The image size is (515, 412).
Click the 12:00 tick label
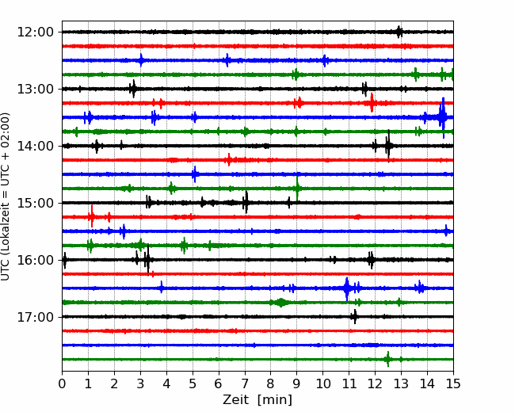(x=35, y=32)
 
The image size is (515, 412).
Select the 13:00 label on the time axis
(x=35, y=89)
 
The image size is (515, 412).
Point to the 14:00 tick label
(x=35, y=146)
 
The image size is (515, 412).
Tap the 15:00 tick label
(x=35, y=203)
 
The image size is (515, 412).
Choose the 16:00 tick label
(x=35, y=260)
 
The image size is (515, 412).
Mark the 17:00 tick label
(x=35, y=317)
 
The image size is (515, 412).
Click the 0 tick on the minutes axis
(x=62, y=383)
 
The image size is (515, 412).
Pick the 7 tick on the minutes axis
(x=245, y=383)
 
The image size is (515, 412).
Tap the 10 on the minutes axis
(x=322, y=383)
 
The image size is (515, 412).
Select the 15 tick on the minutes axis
(x=453, y=383)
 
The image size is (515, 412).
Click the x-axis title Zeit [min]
(x=257, y=400)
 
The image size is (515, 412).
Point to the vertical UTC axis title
(x=5, y=196)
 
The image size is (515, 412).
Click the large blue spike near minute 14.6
(x=443, y=117)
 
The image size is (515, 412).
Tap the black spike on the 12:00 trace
(x=399, y=32)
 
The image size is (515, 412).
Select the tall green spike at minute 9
(x=297, y=189)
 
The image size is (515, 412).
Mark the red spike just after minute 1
(x=92, y=216)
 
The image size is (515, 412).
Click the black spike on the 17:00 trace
(x=354, y=317)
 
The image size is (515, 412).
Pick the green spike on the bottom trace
(x=388, y=360)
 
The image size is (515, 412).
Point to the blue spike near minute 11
(x=347, y=288)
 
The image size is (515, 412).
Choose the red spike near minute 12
(x=372, y=103)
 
